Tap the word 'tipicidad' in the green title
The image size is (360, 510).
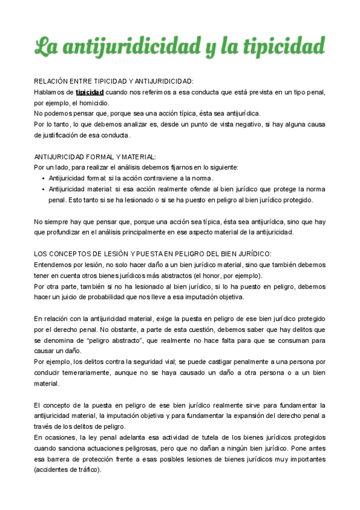pyautogui.click(x=282, y=46)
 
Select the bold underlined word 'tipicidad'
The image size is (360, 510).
pyautogui.click(x=90, y=92)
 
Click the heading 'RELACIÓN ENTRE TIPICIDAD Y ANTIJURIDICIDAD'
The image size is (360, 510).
pyautogui.click(x=114, y=81)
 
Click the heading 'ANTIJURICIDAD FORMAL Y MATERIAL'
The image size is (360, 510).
pyautogui.click(x=95, y=156)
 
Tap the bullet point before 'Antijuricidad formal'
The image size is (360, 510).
pyautogui.click(x=43, y=178)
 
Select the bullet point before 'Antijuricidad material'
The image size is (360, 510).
pyautogui.click(x=43, y=189)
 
